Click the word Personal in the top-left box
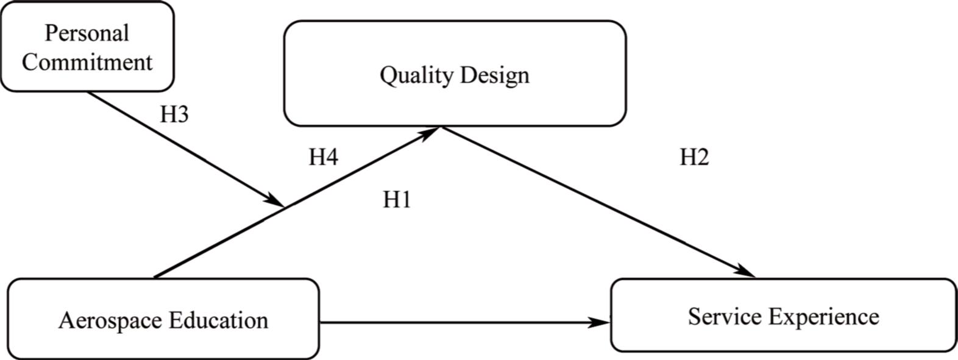[87, 33]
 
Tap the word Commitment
[87, 62]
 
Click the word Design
[495, 75]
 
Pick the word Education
[219, 320]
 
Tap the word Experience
[823, 317]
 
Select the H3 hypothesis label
[174, 115]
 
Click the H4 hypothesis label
[323, 157]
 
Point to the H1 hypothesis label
[397, 199]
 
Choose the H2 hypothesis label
[694, 157]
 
